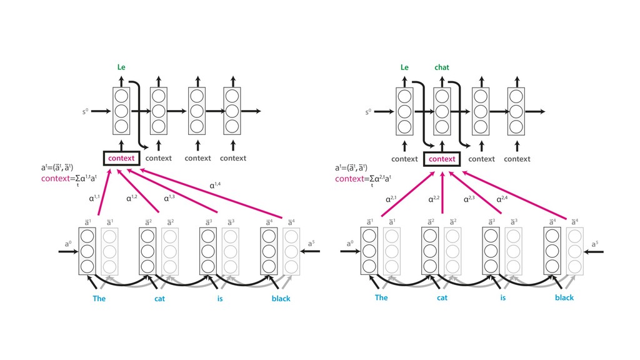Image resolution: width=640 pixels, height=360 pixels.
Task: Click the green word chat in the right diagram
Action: tap(442, 67)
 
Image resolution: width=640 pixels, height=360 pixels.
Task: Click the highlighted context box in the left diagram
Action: tap(121, 158)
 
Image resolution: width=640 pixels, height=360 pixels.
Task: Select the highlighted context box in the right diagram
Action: tap(442, 159)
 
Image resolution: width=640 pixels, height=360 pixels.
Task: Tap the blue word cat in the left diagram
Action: tap(161, 299)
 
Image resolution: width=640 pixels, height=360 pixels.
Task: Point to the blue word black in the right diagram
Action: tap(564, 297)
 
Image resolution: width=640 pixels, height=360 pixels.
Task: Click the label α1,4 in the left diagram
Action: tap(216, 185)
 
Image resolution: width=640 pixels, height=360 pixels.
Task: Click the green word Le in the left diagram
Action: tap(121, 67)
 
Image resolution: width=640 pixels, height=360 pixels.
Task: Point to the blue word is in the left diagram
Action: tap(220, 299)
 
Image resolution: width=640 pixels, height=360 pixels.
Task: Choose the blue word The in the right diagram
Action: tap(381, 297)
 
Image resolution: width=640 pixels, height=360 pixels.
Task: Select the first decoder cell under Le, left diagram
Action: tap(121, 111)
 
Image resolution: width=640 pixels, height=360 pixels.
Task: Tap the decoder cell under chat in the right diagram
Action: tap(442, 111)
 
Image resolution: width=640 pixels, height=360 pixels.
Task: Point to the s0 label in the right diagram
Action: tap(369, 112)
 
